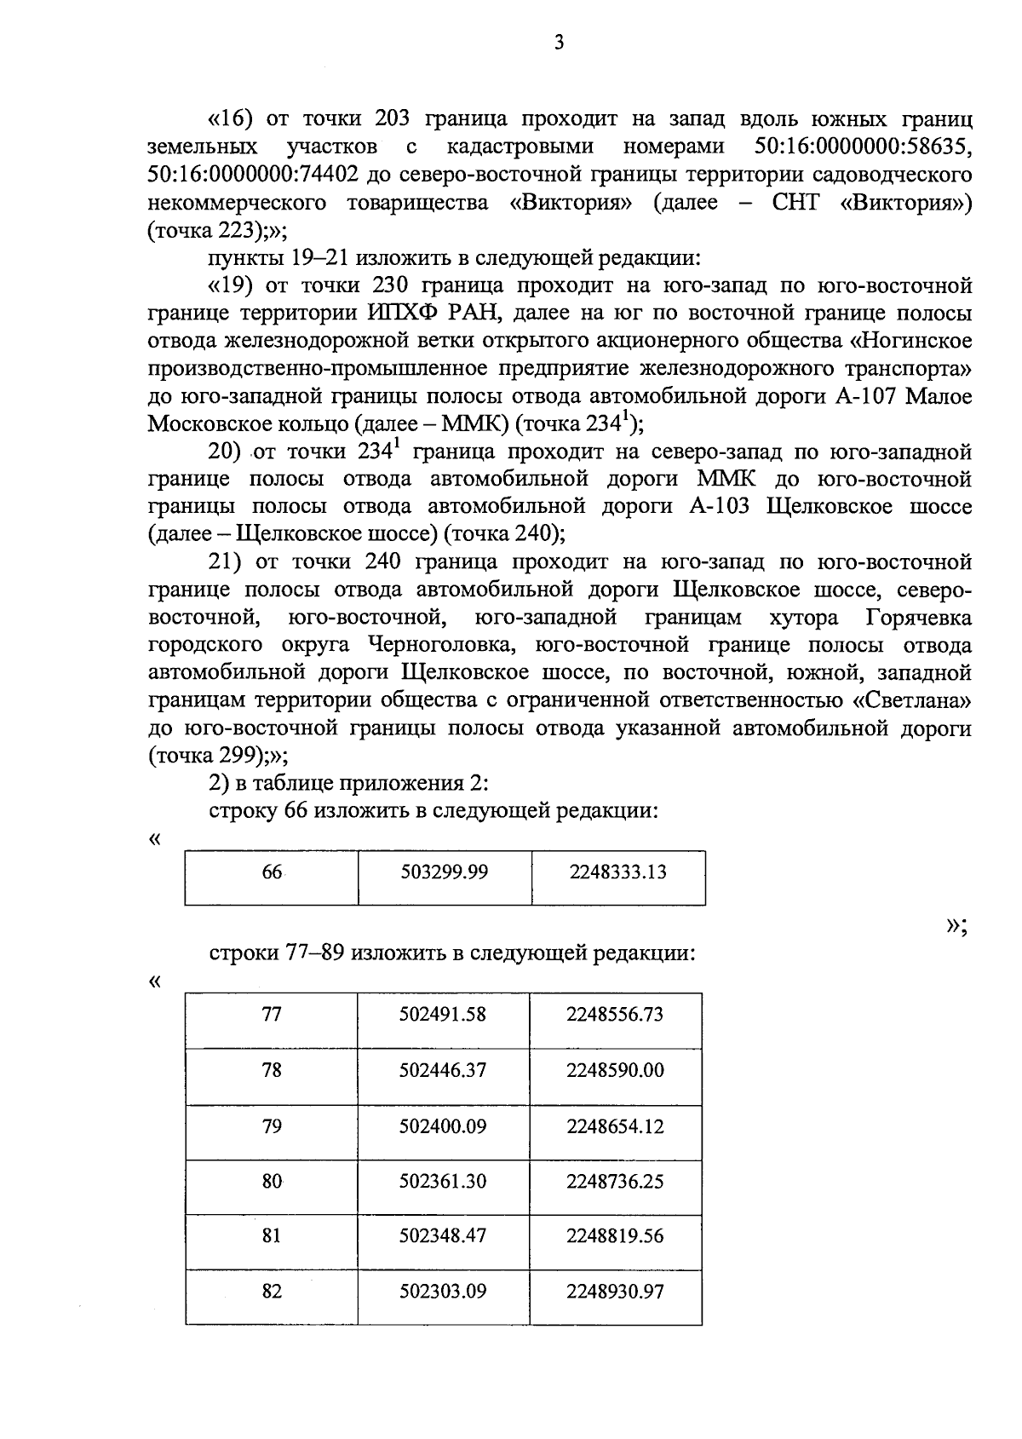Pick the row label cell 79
pyautogui.click(x=272, y=1126)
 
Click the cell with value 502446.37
pyautogui.click(x=443, y=1070)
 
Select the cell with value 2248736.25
pyautogui.click(x=615, y=1182)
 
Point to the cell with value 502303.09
pyautogui.click(x=443, y=1292)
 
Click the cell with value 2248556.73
pyautogui.click(x=615, y=1015)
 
